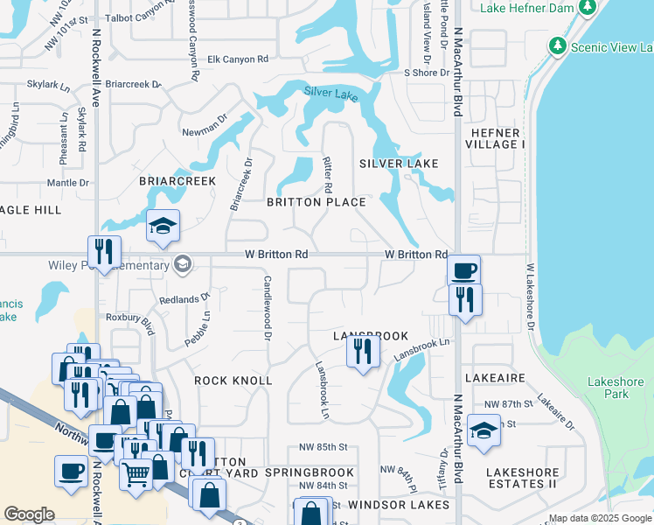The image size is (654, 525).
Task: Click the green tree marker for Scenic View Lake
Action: [557, 45]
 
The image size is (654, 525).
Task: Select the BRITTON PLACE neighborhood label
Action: [316, 202]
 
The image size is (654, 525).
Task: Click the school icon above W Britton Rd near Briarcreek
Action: [163, 227]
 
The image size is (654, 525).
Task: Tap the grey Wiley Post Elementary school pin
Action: [182, 263]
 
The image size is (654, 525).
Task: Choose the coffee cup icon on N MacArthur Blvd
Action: [463, 269]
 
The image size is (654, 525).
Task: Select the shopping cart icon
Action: [136, 474]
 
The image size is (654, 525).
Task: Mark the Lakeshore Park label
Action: [616, 388]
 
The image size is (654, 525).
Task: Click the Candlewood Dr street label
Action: [266, 304]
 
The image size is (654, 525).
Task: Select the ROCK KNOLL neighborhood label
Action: [233, 381]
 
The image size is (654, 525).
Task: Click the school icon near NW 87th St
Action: [484, 430]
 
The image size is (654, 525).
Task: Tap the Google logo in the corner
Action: [30, 514]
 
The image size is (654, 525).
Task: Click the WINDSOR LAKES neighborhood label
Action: [398, 505]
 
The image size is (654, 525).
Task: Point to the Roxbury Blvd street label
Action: [129, 323]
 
